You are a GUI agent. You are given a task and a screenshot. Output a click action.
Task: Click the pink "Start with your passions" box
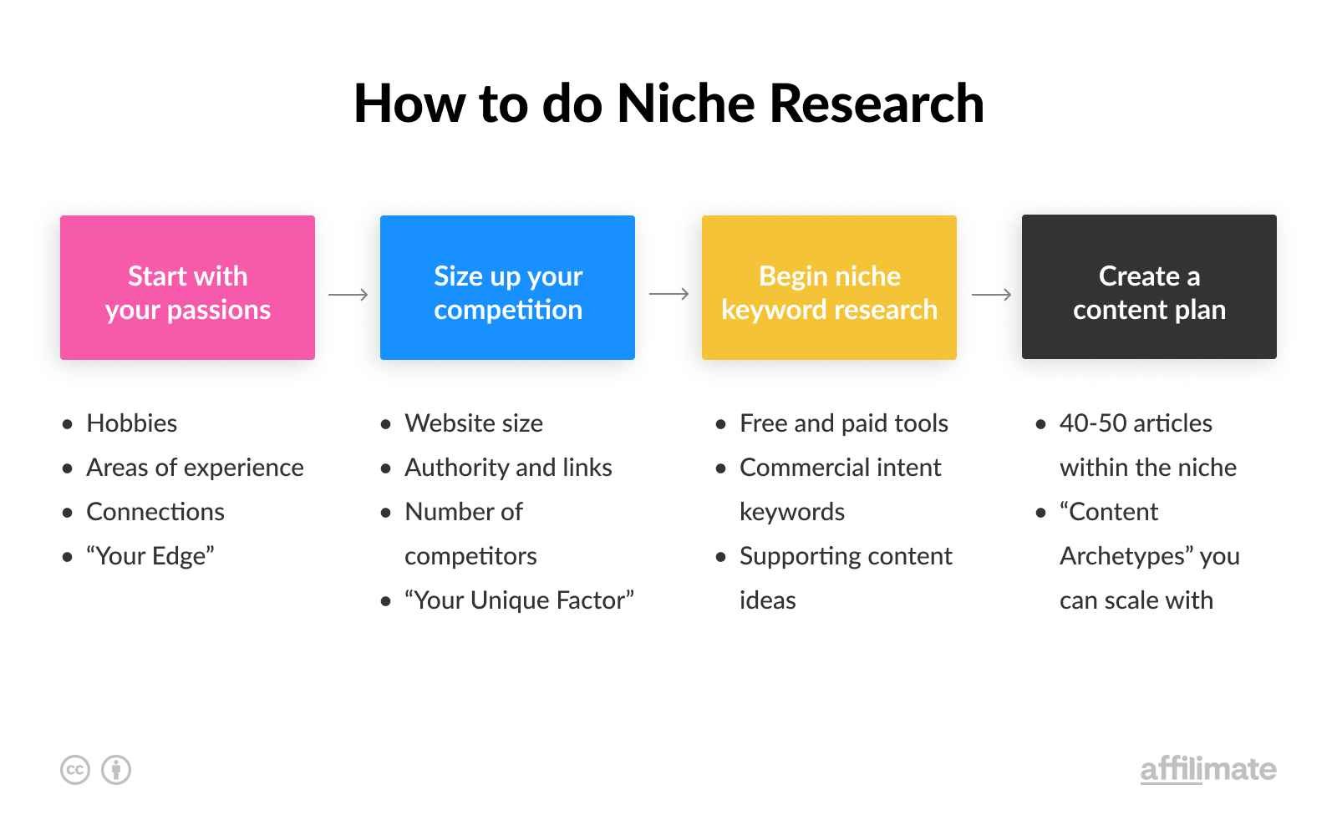[187, 287]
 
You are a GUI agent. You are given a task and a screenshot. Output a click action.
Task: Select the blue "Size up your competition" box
[507, 287]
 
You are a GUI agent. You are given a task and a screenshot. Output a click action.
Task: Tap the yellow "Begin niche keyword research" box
[829, 287]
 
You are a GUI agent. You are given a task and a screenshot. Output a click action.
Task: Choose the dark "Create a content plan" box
[1149, 287]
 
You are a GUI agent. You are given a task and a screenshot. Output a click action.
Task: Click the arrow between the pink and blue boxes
[348, 294]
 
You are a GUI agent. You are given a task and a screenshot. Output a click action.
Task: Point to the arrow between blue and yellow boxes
[668, 294]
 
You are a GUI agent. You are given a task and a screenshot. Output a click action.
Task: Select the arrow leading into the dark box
[991, 294]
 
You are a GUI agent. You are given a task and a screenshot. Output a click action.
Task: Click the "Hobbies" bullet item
[131, 423]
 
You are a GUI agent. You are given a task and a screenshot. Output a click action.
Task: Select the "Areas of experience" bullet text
[195, 468]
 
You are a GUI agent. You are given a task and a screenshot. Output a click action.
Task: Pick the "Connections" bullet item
[155, 512]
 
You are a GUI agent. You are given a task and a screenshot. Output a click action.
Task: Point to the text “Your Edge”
[150, 556]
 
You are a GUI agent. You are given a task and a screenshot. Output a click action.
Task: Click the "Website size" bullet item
[474, 423]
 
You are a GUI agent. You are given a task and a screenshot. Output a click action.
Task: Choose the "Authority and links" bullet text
[508, 468]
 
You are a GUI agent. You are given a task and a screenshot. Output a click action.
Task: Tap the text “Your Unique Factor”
[519, 600]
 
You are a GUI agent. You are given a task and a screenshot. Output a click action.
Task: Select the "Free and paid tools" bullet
[843, 423]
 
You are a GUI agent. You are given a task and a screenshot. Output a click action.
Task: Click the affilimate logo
[1207, 769]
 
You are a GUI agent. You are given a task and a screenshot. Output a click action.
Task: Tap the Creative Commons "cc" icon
[75, 770]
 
